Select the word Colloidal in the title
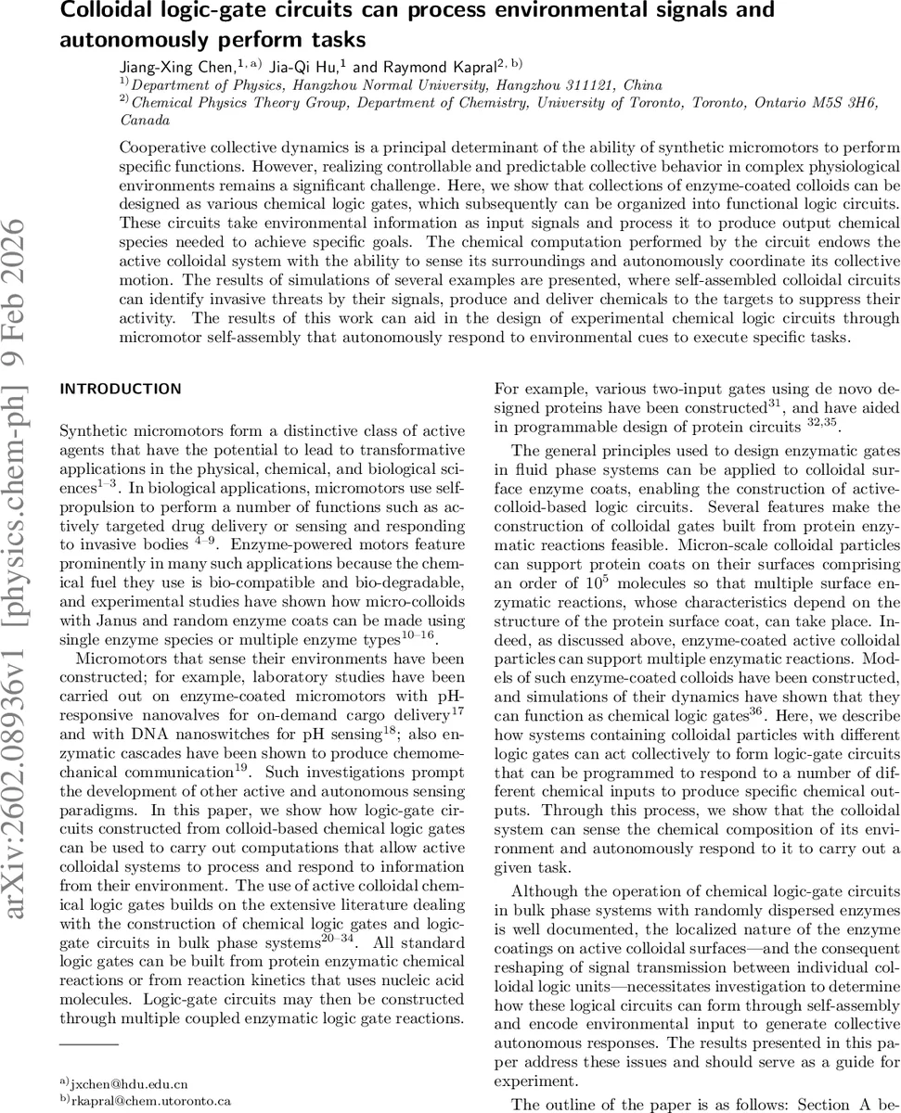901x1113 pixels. (107, 12)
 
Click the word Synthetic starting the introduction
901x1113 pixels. (89, 430)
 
